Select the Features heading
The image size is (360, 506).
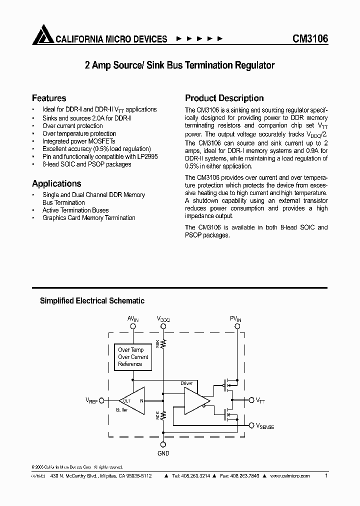click(x=49, y=98)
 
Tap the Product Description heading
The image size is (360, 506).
click(x=224, y=98)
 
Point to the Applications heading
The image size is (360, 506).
click(x=56, y=183)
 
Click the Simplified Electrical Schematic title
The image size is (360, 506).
click(x=92, y=301)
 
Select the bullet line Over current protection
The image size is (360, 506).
click(x=72, y=126)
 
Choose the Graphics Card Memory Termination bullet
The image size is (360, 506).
click(x=89, y=218)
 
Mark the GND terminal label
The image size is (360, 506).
click(x=163, y=453)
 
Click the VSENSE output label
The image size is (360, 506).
click(x=265, y=426)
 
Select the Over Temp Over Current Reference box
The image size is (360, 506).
click(x=133, y=357)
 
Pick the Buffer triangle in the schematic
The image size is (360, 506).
click(x=131, y=400)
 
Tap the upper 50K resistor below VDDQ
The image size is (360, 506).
click(x=163, y=344)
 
